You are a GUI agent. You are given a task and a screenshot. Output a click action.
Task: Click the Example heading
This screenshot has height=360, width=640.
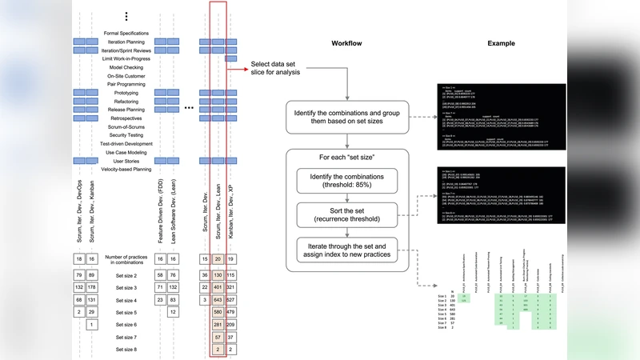point(501,43)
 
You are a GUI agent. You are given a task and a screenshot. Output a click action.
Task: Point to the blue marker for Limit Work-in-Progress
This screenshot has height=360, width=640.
point(231,58)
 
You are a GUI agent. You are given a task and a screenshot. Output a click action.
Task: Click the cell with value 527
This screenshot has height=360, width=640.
point(231,300)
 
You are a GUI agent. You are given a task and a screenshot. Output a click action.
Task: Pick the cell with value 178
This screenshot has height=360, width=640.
point(94,287)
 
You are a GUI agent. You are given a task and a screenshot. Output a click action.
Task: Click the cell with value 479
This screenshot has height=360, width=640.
point(231,312)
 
